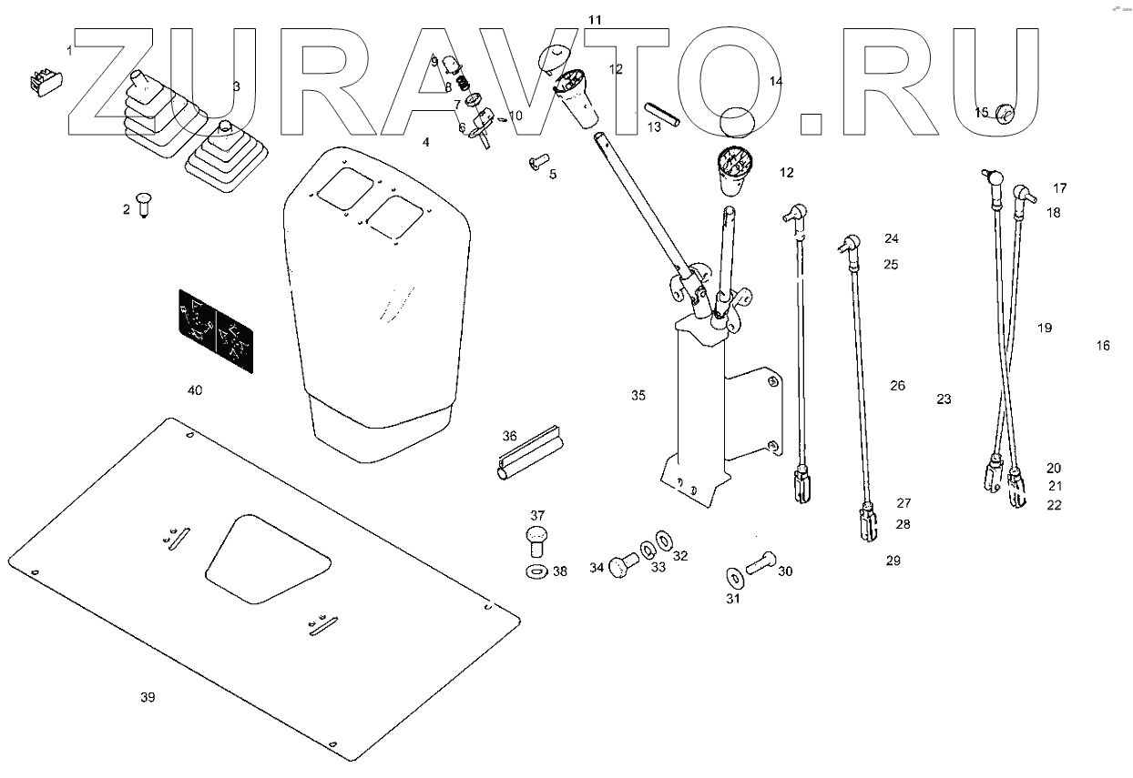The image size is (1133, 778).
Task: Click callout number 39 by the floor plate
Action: pyautogui.click(x=148, y=698)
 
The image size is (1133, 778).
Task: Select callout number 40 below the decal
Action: pyautogui.click(x=195, y=390)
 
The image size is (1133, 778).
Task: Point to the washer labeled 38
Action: pyautogui.click(x=537, y=571)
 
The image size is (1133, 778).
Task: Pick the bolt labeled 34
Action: pyautogui.click(x=622, y=566)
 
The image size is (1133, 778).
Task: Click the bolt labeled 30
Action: pyautogui.click(x=760, y=564)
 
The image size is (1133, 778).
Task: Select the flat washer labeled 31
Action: pyautogui.click(x=733, y=577)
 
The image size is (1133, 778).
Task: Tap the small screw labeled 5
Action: pyautogui.click(x=536, y=163)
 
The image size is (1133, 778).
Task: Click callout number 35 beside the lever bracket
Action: pyautogui.click(x=638, y=395)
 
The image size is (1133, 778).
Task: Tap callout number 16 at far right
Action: pyautogui.click(x=1103, y=346)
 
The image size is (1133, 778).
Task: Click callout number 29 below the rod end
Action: pyautogui.click(x=893, y=561)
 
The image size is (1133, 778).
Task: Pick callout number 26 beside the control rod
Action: pyautogui.click(x=898, y=386)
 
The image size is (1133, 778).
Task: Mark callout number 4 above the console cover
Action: pyautogui.click(x=425, y=143)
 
